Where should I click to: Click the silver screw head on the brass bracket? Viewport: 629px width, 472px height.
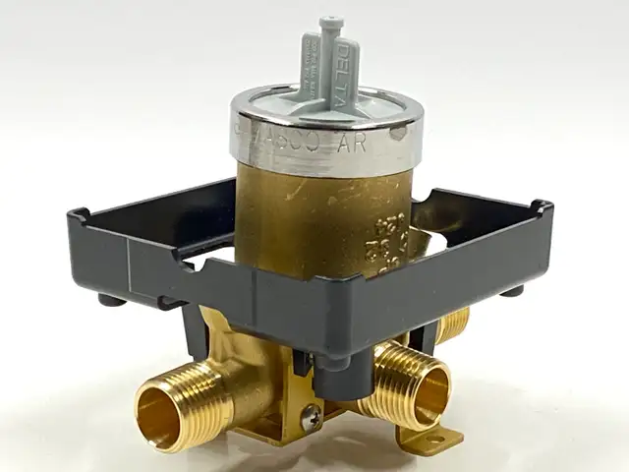tap(312, 415)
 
